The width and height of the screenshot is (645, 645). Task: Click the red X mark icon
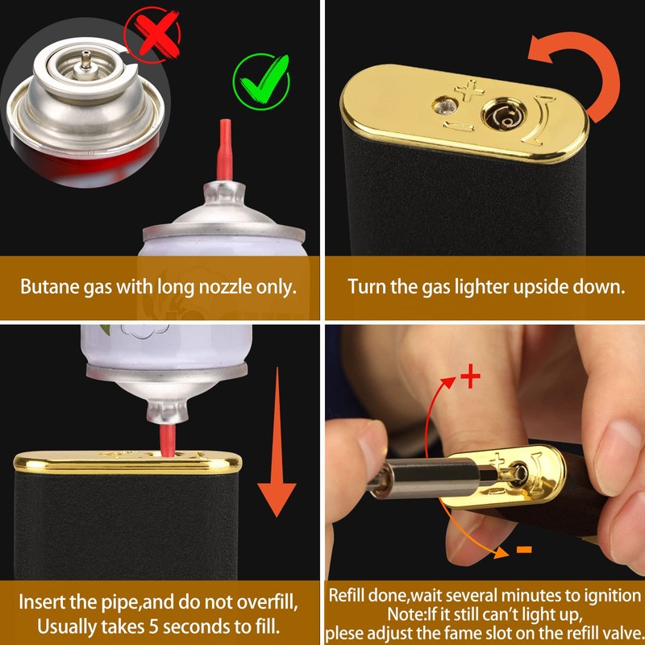(155, 33)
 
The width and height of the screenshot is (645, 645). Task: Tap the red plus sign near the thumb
(469, 377)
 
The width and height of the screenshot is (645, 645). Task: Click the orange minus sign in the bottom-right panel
(523, 550)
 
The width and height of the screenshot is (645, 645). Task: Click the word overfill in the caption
(266, 601)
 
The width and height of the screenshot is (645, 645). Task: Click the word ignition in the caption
(610, 596)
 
